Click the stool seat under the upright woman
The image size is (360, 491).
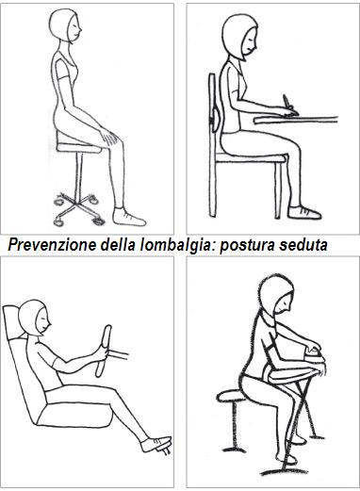[x=79, y=143]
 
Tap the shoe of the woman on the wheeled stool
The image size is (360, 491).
[x=130, y=216]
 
